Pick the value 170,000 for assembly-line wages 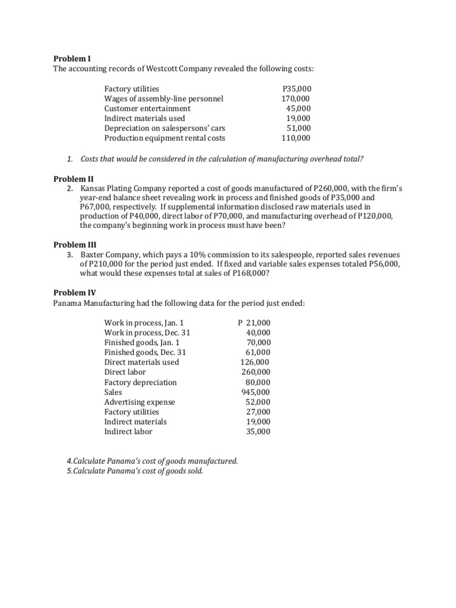296,99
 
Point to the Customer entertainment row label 147,109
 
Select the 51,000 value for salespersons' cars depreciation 298,128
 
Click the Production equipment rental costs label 164,138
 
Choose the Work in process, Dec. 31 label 147,332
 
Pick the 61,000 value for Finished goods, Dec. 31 258,352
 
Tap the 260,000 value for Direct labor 256,372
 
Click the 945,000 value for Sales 256,392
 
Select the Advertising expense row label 140,402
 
